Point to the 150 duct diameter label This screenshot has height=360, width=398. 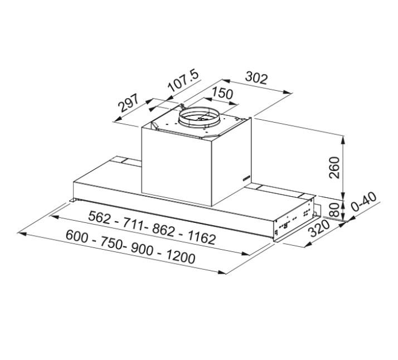tap(223, 94)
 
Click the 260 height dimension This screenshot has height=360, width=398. tap(334, 167)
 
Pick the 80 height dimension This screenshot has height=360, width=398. tap(334, 211)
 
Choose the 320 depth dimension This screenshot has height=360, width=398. tap(319, 229)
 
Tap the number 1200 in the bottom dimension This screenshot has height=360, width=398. tap(177, 257)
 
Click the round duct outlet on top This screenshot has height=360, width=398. tap(200, 119)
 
